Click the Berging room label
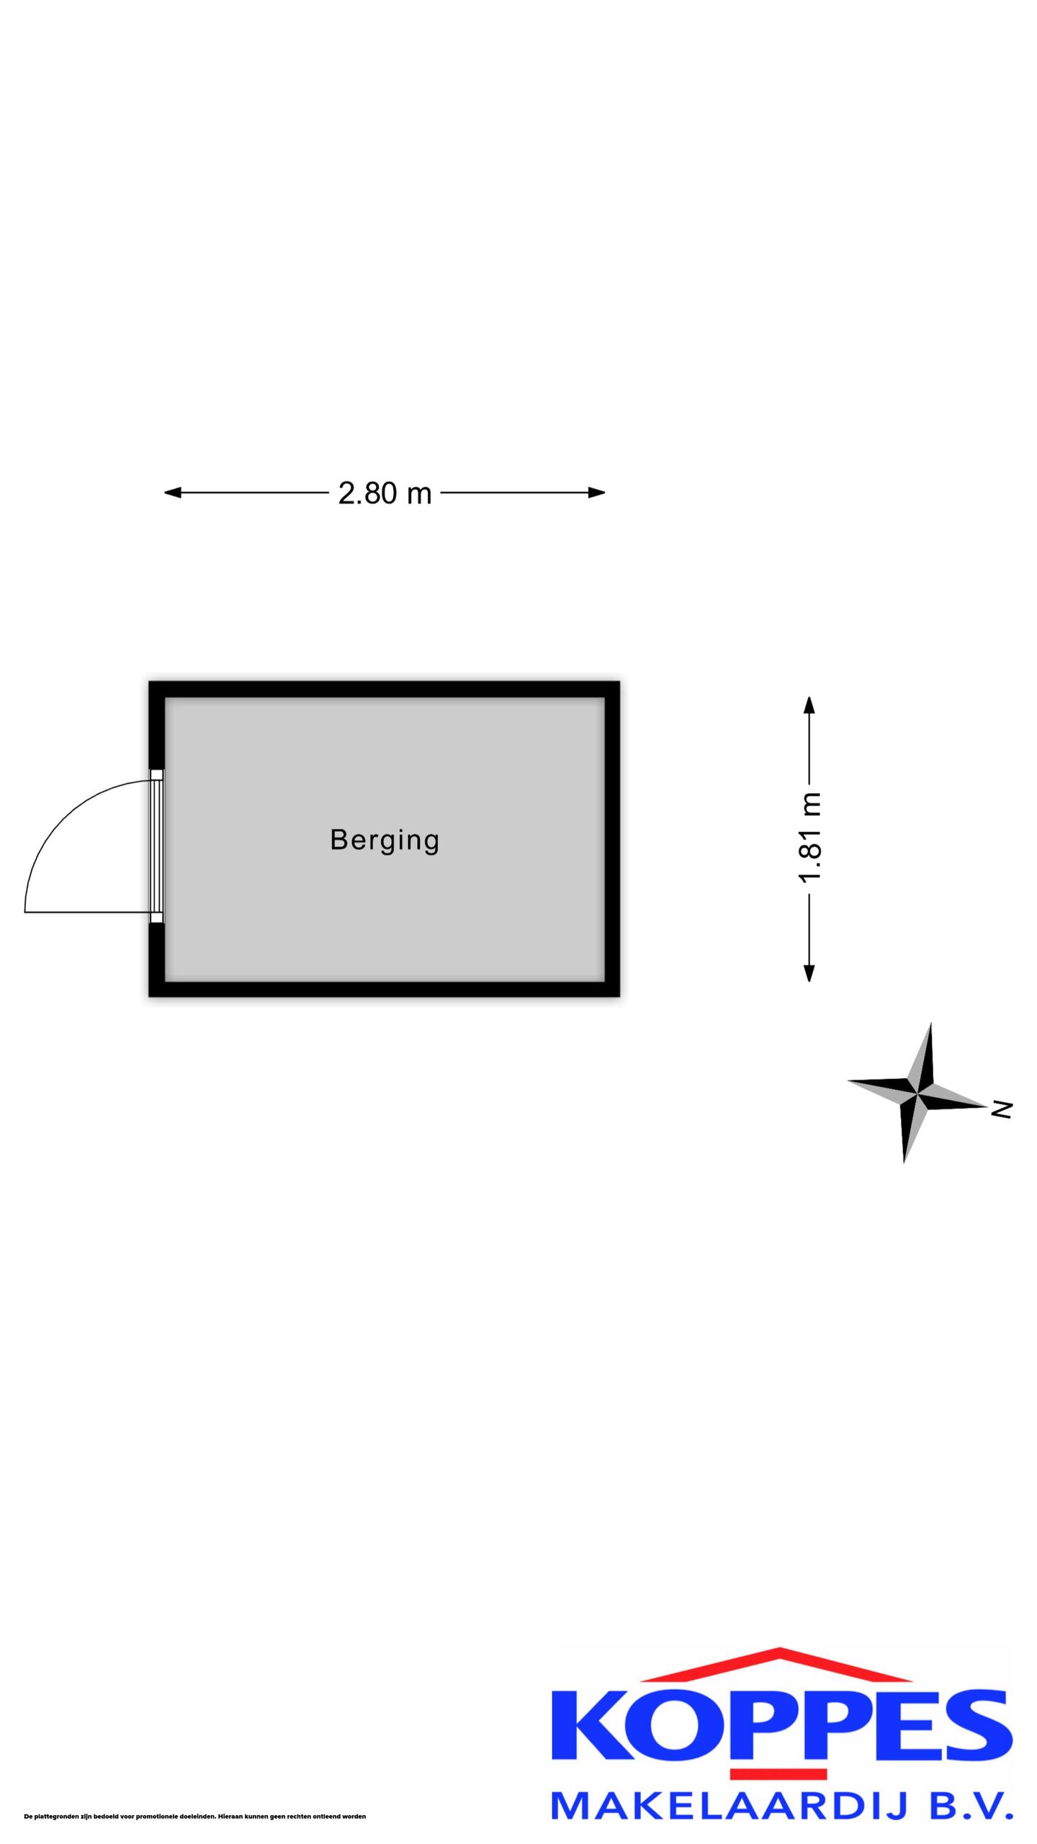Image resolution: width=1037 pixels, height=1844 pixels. point(385,841)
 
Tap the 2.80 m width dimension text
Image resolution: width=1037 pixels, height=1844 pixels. point(385,493)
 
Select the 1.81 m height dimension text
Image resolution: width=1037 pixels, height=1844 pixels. point(810,837)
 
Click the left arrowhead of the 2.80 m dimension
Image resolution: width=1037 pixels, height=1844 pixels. point(173,493)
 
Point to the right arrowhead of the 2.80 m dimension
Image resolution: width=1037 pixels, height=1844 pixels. point(597,493)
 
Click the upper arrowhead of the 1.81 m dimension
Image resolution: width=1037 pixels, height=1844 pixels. point(809,705)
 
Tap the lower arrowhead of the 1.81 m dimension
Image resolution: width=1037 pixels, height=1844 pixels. point(809,973)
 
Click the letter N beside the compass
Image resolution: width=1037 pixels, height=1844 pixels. point(1002,1109)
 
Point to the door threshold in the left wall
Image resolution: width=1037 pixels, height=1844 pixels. point(157,846)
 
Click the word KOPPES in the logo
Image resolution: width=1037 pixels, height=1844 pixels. point(782,1727)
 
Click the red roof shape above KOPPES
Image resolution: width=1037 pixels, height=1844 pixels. point(782,1666)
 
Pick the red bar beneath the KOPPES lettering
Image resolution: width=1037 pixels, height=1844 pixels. point(778,1773)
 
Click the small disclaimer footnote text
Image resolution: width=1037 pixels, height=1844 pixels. point(195,1817)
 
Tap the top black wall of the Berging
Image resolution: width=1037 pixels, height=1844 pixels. point(385,689)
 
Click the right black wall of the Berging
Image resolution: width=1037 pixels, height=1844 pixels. point(612,839)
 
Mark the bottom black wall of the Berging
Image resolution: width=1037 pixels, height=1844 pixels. point(385,989)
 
